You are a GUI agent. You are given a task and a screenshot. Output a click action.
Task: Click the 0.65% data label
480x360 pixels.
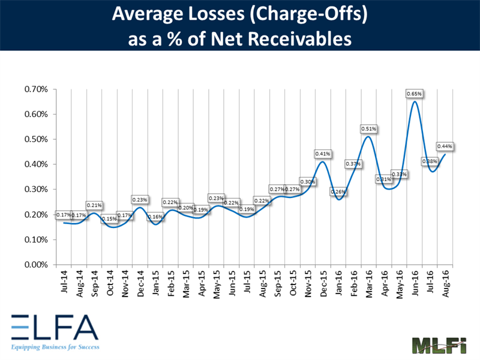click(415, 94)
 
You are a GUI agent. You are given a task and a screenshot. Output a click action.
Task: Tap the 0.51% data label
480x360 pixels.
click(368, 128)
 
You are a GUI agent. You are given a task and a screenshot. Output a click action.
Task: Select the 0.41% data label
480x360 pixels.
click(322, 154)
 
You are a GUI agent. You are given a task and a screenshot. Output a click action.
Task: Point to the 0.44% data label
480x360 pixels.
click(445, 146)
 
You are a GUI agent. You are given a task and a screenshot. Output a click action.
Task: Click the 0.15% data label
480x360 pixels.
click(109, 219)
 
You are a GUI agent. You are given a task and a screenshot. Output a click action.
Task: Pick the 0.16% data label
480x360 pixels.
click(155, 217)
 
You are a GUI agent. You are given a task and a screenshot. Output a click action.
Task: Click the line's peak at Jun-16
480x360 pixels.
click(415, 101)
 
